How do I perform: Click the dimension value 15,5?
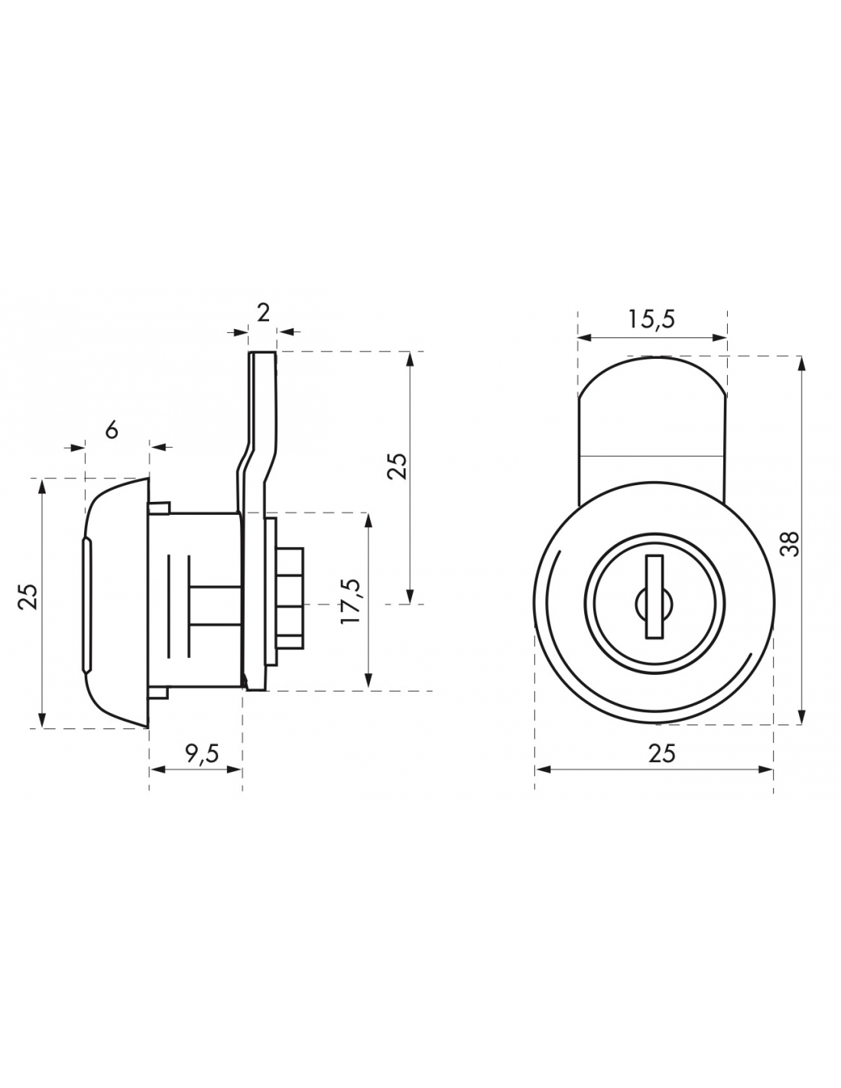651,320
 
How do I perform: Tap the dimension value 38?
791,543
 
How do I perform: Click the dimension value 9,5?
202,754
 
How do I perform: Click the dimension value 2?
263,314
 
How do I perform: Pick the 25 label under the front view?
661,754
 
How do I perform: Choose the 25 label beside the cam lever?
398,467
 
